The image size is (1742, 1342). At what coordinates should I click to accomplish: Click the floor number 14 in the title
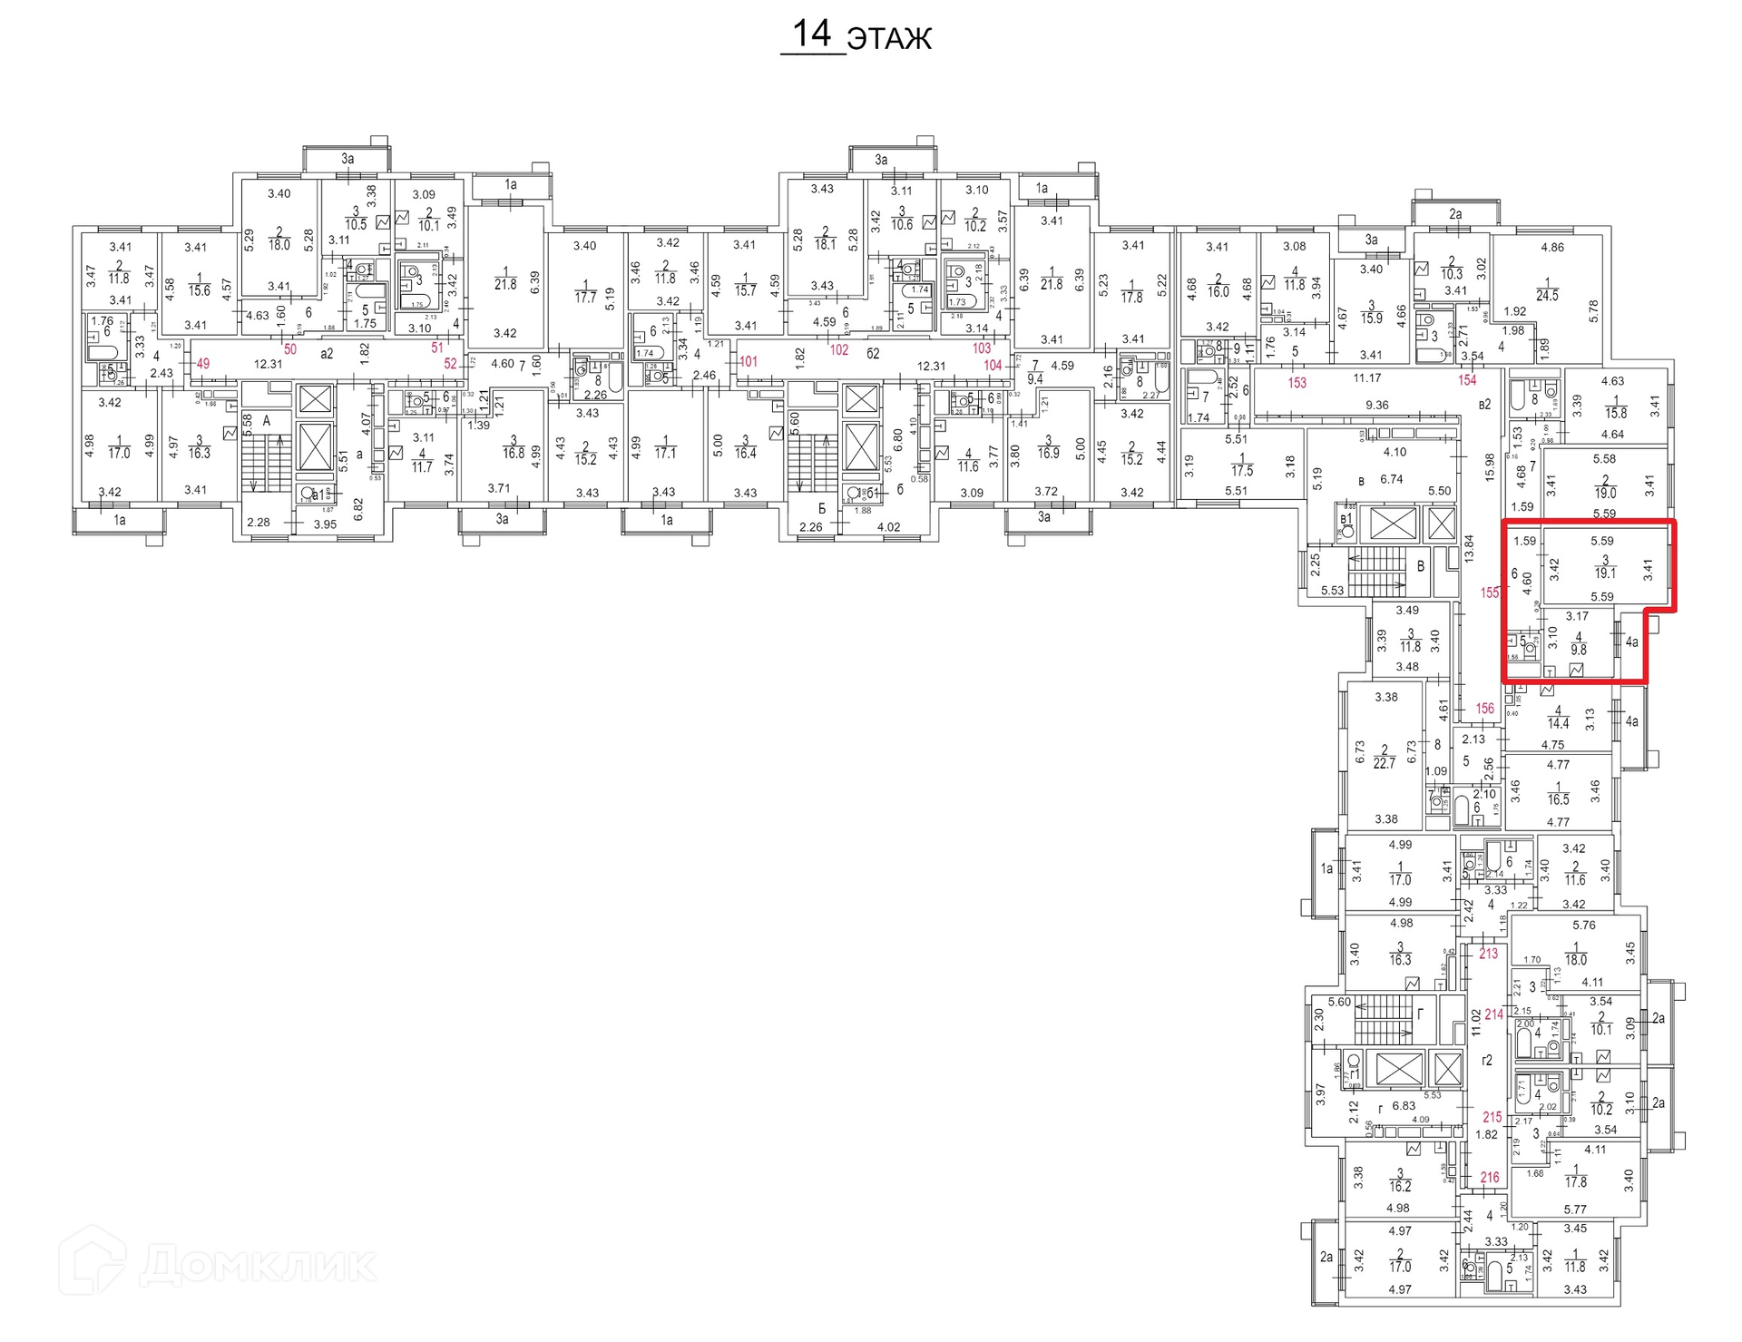pyautogui.click(x=811, y=34)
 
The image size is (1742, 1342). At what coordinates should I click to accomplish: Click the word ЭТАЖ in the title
pyautogui.click(x=888, y=39)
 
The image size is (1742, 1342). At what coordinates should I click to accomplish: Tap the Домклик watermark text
pyautogui.click(x=258, y=1264)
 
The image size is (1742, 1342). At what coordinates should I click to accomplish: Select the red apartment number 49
pyautogui.click(x=202, y=364)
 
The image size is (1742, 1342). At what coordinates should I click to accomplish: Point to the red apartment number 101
pyautogui.click(x=748, y=361)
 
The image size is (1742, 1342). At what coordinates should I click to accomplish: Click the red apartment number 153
pyautogui.click(x=1297, y=383)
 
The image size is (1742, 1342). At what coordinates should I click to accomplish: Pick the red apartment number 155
pyautogui.click(x=1490, y=593)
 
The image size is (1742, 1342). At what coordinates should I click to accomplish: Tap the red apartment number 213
pyautogui.click(x=1488, y=954)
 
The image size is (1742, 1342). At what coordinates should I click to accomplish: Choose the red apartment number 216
pyautogui.click(x=1490, y=1178)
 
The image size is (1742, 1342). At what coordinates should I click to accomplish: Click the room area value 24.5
pyautogui.click(x=1547, y=296)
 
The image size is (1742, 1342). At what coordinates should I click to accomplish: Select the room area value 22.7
pyautogui.click(x=1384, y=764)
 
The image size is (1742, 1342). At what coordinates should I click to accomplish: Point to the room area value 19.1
pyautogui.click(x=1605, y=573)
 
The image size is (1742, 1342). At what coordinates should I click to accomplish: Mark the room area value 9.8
pyautogui.click(x=1579, y=650)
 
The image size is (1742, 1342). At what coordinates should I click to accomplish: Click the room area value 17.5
pyautogui.click(x=1241, y=471)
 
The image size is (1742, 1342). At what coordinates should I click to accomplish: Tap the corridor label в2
pyautogui.click(x=1484, y=405)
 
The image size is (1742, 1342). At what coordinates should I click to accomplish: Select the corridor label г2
pyautogui.click(x=1487, y=1060)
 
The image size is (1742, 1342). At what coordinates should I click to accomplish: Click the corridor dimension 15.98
pyautogui.click(x=1489, y=467)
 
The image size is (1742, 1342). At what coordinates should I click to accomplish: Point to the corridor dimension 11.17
pyautogui.click(x=1367, y=378)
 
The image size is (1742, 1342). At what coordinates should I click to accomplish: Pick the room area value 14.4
pyautogui.click(x=1558, y=724)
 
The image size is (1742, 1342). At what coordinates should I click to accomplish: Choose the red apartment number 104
pyautogui.click(x=993, y=366)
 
